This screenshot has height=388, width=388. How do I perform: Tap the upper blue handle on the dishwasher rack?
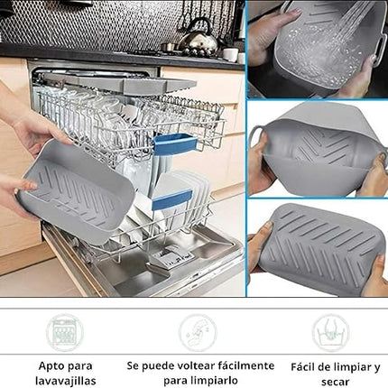[175, 144]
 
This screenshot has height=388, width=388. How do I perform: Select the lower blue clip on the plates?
[171, 199]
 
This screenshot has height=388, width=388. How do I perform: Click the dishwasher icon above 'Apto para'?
[65, 332]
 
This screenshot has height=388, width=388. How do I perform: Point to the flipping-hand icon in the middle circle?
[198, 332]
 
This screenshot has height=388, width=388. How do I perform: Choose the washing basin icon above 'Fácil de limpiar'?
[330, 333]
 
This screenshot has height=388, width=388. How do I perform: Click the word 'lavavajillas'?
[66, 381]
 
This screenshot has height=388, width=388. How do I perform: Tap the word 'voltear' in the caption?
[199, 365]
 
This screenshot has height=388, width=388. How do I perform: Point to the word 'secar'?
[335, 382]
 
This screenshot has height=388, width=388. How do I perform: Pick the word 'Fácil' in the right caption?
[302, 366]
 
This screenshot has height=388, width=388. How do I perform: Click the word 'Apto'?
[50, 366]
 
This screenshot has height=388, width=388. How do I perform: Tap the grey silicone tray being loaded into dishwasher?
[75, 189]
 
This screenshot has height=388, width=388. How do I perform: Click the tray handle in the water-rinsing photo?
[383, 44]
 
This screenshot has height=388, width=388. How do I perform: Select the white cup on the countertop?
[230, 54]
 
